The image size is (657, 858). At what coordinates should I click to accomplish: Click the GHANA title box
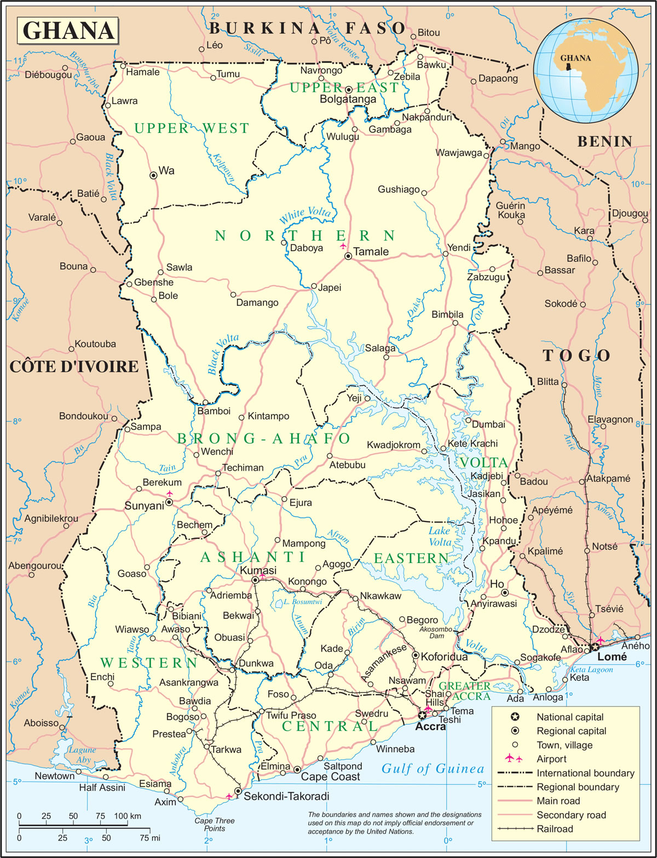pyautogui.click(x=68, y=31)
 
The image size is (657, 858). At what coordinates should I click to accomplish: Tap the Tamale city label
pyautogui.click(x=371, y=252)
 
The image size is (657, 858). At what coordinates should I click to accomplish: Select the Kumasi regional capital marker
pyautogui.click(x=255, y=580)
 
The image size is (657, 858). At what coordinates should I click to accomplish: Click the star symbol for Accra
pyautogui.click(x=422, y=715)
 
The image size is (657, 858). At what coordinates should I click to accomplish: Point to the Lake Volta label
pyautogui.click(x=440, y=536)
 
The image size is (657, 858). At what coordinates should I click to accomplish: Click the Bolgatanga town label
pyautogui.click(x=348, y=100)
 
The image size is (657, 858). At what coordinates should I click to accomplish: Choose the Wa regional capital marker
pyautogui.click(x=154, y=175)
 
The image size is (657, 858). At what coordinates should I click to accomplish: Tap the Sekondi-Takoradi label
pyautogui.click(x=286, y=796)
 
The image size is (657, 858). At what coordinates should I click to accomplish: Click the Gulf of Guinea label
pyautogui.click(x=433, y=769)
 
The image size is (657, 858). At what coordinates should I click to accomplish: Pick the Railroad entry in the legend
pyautogui.click(x=555, y=829)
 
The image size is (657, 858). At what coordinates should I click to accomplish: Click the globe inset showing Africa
pyautogui.click(x=586, y=68)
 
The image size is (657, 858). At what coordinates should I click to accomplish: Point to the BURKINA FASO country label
pyautogui.click(x=307, y=28)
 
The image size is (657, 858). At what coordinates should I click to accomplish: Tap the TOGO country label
pyautogui.click(x=576, y=356)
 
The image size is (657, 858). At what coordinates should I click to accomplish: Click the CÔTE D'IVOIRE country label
pyautogui.click(x=74, y=367)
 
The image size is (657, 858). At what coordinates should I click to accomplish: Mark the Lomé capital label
pyautogui.click(x=612, y=657)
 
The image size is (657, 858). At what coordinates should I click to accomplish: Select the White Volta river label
pyautogui.click(x=305, y=216)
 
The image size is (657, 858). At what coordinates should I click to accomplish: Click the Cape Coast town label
pyautogui.click(x=330, y=776)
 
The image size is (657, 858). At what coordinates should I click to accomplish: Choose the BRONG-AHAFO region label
pyautogui.click(x=263, y=438)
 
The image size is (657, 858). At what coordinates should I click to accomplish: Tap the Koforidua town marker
pyautogui.click(x=416, y=656)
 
